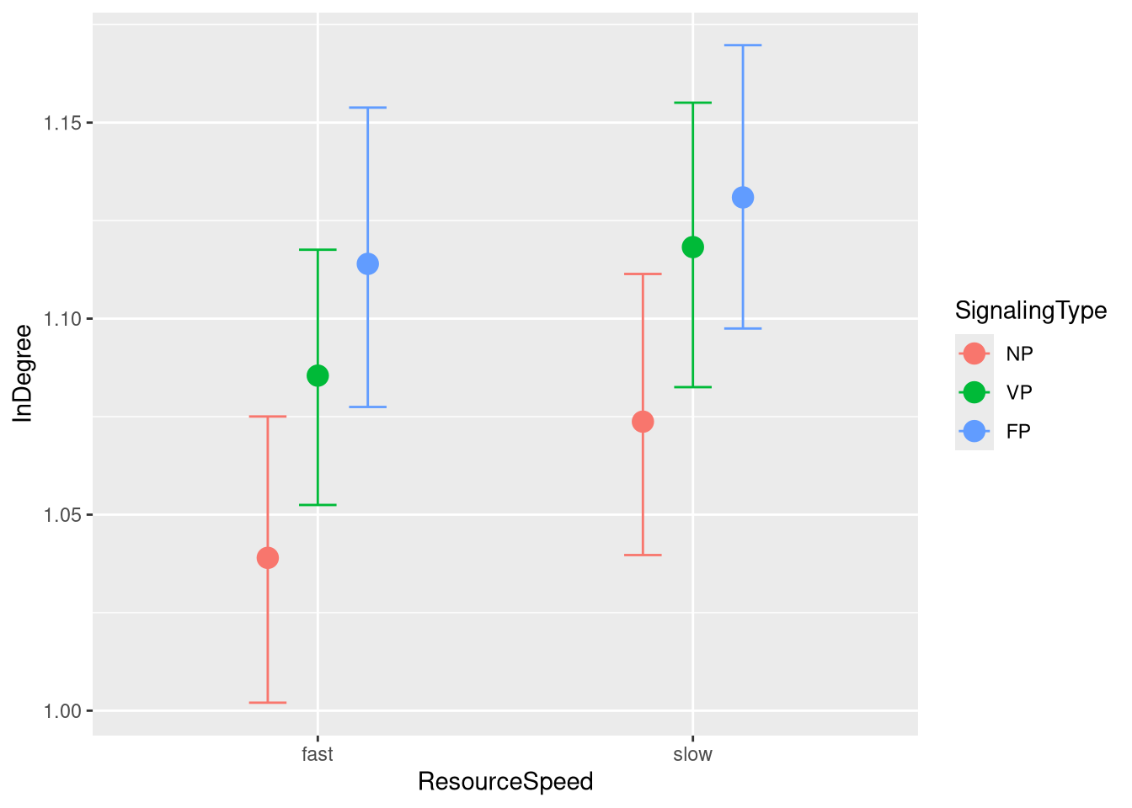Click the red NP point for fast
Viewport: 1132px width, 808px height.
point(268,558)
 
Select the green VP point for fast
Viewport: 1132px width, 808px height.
point(318,375)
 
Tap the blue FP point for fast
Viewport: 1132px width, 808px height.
point(368,264)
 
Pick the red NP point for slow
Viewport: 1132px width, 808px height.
point(643,422)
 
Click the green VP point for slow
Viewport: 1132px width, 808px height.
point(693,247)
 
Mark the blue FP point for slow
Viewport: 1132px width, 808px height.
point(743,198)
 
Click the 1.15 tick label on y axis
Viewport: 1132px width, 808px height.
point(63,123)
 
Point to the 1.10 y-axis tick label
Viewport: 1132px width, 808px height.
point(63,319)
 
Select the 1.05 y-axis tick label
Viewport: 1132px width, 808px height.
point(63,515)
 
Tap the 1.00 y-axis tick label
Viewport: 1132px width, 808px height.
point(63,711)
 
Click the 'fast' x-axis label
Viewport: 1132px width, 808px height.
point(318,754)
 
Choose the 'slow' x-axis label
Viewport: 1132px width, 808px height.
point(693,754)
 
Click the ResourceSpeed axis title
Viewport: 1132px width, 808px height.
point(505,782)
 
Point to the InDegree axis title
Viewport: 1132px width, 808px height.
point(23,373)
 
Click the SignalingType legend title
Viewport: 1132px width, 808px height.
point(1031,311)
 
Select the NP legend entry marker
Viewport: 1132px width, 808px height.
point(974,353)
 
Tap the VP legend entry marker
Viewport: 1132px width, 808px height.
point(974,392)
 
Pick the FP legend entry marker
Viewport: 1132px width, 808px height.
point(974,431)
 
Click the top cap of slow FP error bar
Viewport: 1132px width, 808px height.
point(743,45)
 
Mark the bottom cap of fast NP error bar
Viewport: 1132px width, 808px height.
point(268,702)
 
